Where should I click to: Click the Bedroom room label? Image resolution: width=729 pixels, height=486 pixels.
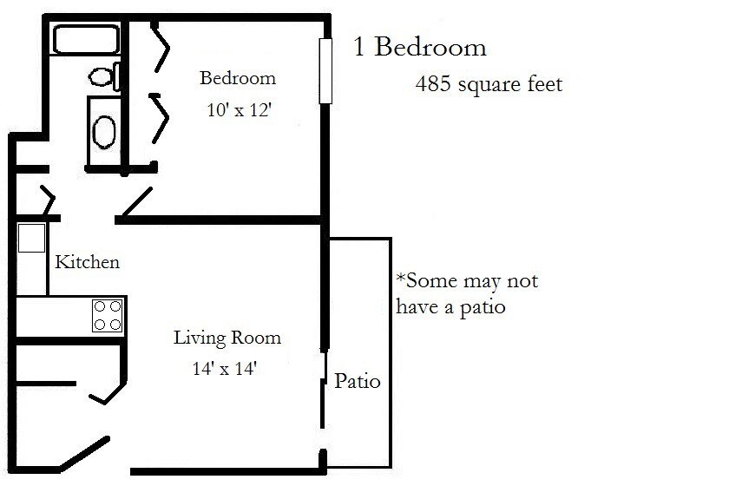click(x=238, y=78)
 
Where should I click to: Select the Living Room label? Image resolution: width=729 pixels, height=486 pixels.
click(x=227, y=337)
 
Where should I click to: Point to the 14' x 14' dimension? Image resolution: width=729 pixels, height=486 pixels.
click(x=226, y=368)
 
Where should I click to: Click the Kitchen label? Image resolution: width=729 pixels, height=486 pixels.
click(x=87, y=262)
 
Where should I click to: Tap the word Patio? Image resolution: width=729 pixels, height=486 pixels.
click(x=358, y=381)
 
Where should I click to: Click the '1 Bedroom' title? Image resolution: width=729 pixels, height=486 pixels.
click(x=420, y=47)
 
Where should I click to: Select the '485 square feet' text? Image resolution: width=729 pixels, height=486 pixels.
click(x=489, y=84)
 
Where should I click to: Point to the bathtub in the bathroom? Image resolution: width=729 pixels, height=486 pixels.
click(x=84, y=40)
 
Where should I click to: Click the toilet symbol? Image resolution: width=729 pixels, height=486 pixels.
click(x=104, y=77)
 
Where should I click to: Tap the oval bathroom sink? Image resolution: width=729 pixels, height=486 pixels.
click(x=105, y=132)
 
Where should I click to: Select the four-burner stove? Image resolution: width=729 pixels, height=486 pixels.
click(x=108, y=314)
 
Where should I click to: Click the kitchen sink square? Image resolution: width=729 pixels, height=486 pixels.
click(x=31, y=237)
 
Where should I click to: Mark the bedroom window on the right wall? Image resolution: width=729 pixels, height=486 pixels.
click(x=326, y=70)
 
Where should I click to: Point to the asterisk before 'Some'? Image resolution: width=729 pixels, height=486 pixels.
click(x=400, y=279)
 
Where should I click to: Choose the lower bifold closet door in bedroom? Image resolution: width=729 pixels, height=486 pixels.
click(x=161, y=116)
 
